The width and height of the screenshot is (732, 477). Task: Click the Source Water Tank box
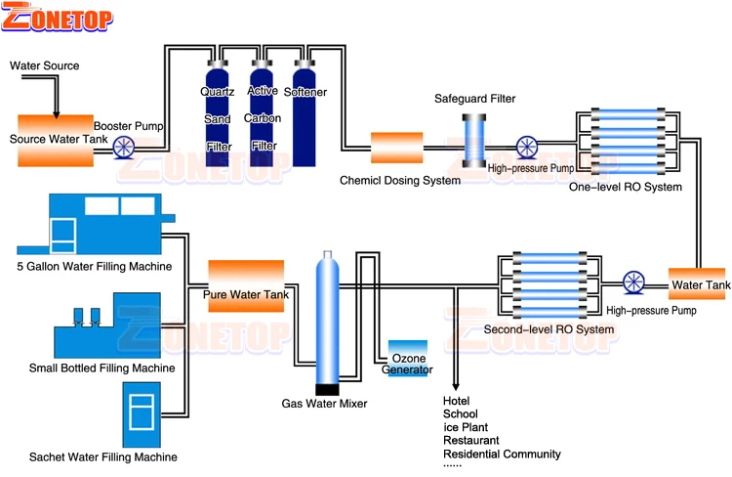(x=55, y=137)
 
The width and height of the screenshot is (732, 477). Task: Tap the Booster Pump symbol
(x=124, y=147)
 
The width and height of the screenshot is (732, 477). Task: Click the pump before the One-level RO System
(x=526, y=148)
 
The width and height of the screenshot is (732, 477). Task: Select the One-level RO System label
(x=625, y=187)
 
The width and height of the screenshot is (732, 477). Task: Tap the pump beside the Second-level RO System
(x=635, y=282)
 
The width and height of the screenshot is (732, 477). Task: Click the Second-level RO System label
(x=549, y=329)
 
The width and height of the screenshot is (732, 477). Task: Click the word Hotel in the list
(x=457, y=401)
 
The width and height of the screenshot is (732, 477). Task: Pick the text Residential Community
(x=502, y=454)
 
